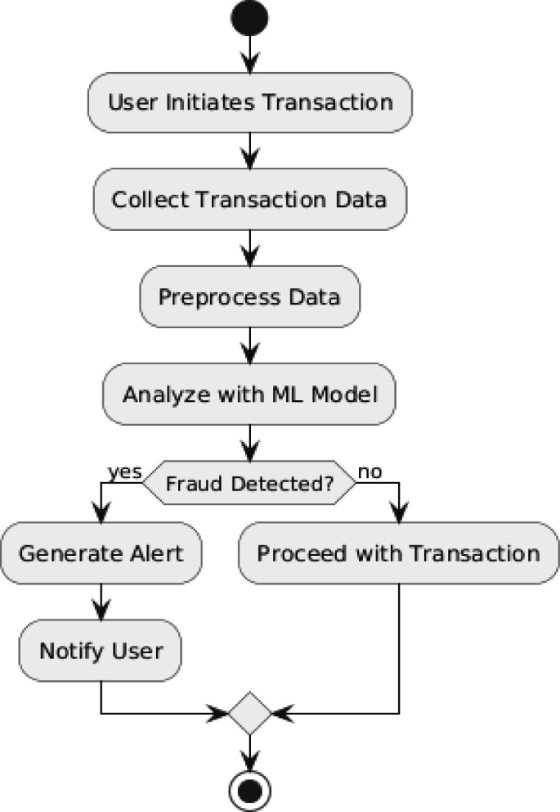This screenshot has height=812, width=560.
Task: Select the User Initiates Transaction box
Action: pos(249,102)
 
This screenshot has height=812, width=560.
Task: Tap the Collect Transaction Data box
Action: pos(249,199)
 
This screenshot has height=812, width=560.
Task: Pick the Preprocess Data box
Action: pos(249,296)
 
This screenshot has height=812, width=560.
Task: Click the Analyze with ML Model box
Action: pos(249,394)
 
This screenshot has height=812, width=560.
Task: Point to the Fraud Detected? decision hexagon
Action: pos(249,484)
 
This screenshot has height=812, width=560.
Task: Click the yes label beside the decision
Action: pos(125,472)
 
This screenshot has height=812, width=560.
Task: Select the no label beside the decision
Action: pos(370,472)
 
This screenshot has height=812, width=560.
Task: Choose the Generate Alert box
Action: pos(101,553)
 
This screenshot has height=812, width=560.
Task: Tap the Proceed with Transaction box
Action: pos(398,553)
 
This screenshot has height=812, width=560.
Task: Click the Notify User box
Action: pos(101,652)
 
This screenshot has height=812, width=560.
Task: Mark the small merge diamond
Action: pos(249,713)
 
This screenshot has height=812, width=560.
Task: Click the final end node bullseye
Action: pos(249,790)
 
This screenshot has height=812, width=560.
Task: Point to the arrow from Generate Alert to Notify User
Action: pos(101,602)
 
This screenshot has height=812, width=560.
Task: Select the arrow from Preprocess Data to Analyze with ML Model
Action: pos(249,345)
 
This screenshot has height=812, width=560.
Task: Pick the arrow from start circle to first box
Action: pos(249,56)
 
